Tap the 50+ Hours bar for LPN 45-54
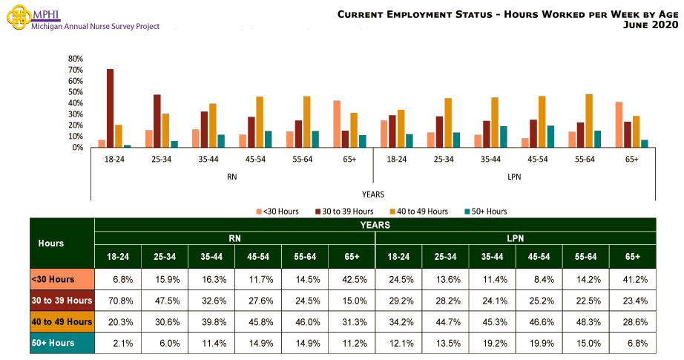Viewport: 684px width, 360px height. [550, 137]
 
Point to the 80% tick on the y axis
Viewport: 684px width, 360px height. [75, 59]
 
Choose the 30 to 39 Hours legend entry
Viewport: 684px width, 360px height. [349, 212]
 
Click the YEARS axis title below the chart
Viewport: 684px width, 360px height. [373, 194]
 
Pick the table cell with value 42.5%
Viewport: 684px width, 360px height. [352, 279]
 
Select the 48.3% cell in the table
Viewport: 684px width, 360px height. [585, 321]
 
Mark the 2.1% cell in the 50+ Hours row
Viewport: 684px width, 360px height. [118, 343]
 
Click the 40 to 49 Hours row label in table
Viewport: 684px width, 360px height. [62, 321]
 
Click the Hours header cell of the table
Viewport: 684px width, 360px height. [51, 243]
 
